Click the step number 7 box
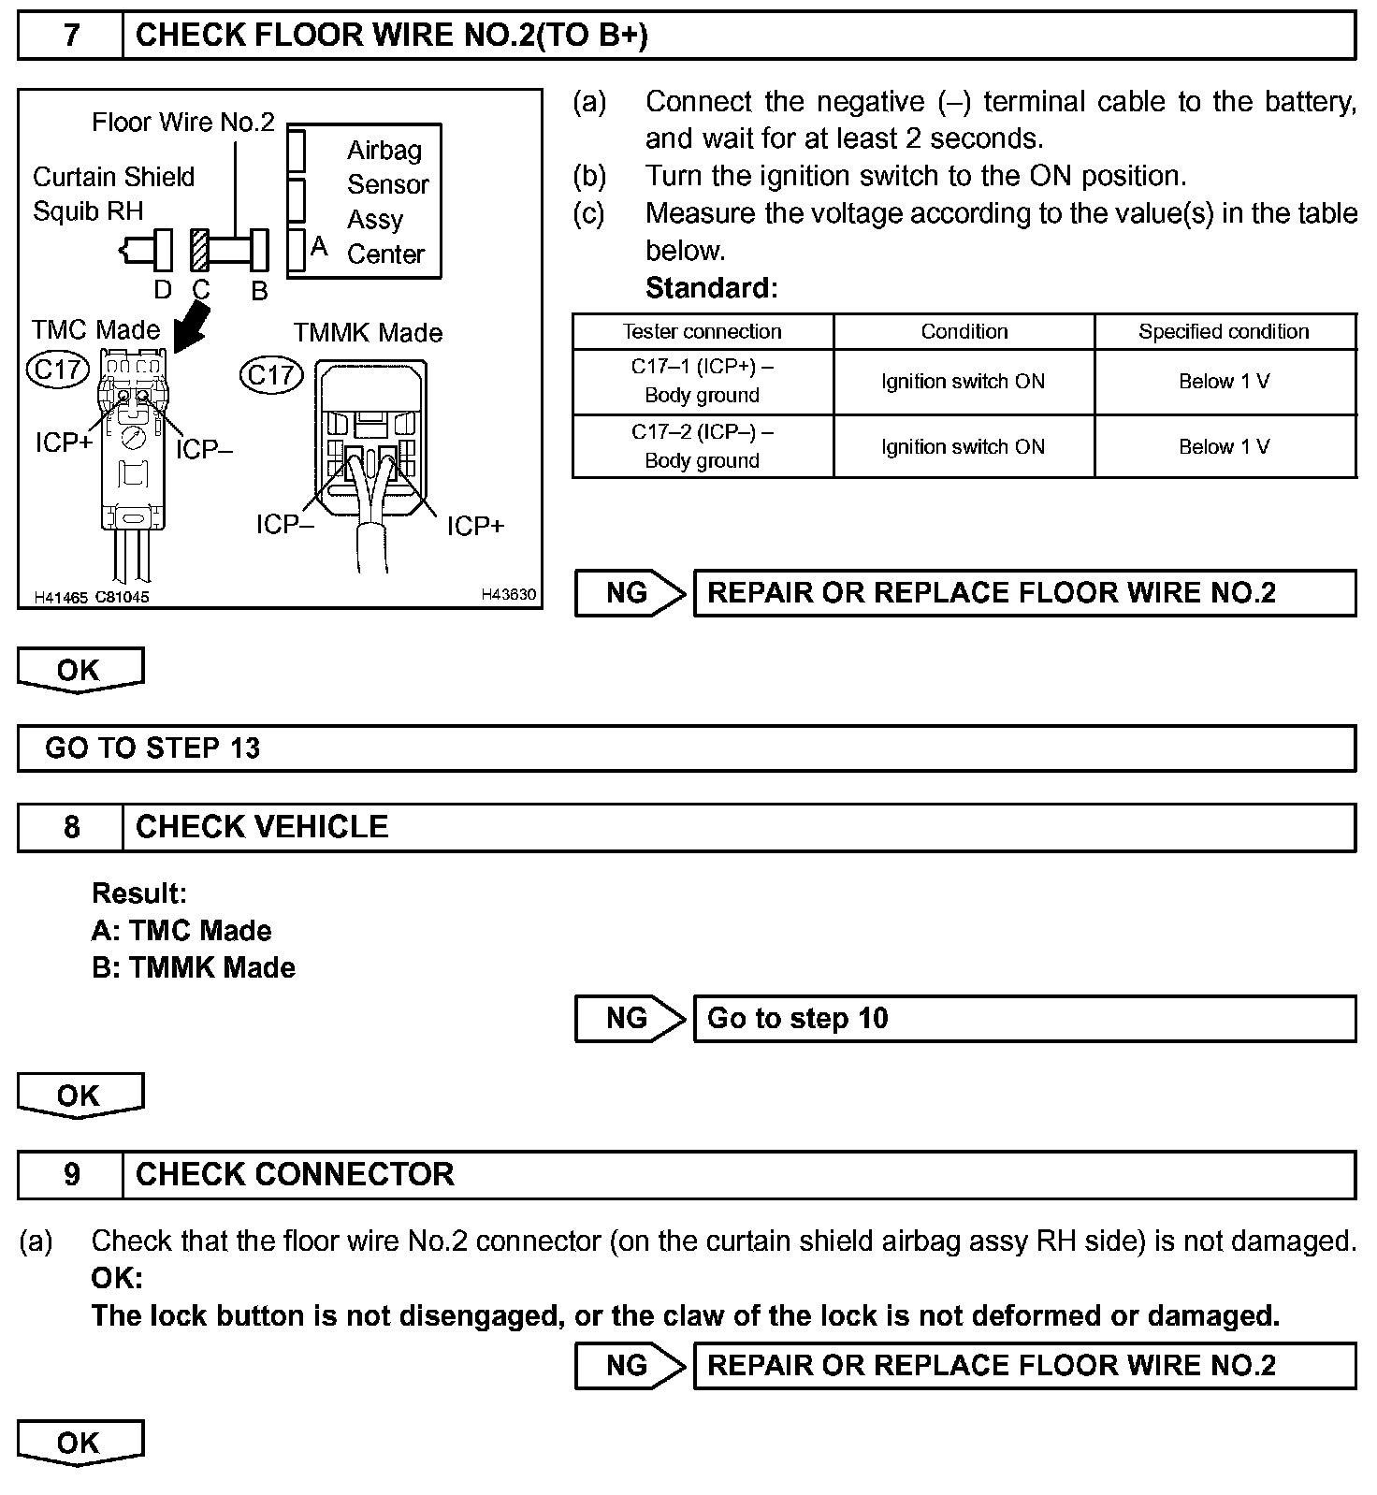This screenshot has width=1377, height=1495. pyautogui.click(x=71, y=36)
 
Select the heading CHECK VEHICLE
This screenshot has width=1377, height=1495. pyautogui.click(x=262, y=827)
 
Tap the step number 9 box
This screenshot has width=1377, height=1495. pyautogui.click(x=71, y=1174)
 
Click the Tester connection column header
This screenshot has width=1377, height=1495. pyautogui.click(x=703, y=332)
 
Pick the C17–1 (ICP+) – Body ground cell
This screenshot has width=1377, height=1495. pyautogui.click(x=703, y=382)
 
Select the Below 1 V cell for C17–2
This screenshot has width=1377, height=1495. pyautogui.click(x=1225, y=447)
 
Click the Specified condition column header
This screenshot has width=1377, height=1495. pyautogui.click(x=1225, y=332)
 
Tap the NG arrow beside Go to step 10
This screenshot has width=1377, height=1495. pyautogui.click(x=630, y=1018)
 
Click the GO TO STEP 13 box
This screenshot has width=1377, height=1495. pyautogui.click(x=686, y=748)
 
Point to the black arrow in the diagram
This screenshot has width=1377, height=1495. pyautogui.click(x=191, y=331)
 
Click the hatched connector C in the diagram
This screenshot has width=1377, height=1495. pyautogui.click(x=199, y=251)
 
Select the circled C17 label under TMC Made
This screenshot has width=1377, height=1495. pyautogui.click(x=58, y=370)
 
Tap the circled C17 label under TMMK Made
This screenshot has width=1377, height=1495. pyautogui.click(x=271, y=375)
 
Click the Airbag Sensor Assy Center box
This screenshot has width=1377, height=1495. pyautogui.click(x=365, y=201)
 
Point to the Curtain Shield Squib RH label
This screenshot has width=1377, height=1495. pyautogui.click(x=113, y=194)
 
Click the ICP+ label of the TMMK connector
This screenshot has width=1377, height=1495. pyautogui.click(x=475, y=527)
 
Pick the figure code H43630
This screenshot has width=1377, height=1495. pyautogui.click(x=509, y=594)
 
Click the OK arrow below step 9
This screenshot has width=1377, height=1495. pyautogui.click(x=80, y=1444)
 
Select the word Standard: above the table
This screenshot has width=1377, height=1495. pyautogui.click(x=711, y=288)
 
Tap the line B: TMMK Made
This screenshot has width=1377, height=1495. pyautogui.click(x=194, y=967)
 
